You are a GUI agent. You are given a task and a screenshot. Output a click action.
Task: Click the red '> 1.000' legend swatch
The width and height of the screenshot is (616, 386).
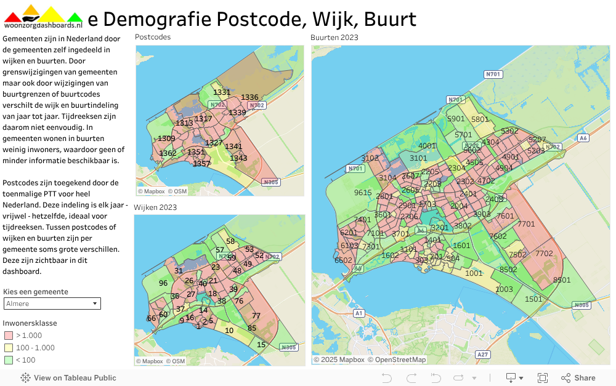tap(8, 336)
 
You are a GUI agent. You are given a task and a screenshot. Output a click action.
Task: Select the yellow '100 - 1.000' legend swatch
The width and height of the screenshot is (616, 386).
tap(8, 348)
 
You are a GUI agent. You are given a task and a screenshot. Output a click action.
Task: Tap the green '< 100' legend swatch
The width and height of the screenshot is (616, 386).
tap(8, 360)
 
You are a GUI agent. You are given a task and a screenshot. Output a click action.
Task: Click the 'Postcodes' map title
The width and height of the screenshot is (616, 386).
tap(152, 37)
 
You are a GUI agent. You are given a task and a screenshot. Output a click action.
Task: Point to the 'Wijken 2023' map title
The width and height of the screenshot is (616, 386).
tap(155, 207)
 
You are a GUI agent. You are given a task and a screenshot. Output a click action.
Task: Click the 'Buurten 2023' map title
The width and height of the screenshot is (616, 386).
tap(334, 37)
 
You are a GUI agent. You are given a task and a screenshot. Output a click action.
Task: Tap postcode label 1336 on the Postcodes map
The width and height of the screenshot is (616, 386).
tap(249, 97)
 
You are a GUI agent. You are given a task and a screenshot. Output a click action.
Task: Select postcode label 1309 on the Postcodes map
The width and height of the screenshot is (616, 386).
tap(166, 139)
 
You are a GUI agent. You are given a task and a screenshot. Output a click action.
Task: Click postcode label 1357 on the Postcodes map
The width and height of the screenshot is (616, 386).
tap(201, 164)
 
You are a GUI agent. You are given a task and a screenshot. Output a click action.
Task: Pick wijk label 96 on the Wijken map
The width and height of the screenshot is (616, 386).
tap(163, 283)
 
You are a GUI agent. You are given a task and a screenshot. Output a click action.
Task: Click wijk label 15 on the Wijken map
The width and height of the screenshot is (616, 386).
tap(261, 345)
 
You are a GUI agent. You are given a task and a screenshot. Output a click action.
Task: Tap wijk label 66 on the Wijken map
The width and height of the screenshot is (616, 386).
tap(151, 318)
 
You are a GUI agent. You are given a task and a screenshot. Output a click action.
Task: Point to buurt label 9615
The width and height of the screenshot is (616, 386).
tap(363, 193)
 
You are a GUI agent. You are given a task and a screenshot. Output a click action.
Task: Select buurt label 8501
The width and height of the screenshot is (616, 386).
tap(562, 279)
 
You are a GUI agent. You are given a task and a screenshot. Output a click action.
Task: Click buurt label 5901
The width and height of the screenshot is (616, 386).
tap(456, 119)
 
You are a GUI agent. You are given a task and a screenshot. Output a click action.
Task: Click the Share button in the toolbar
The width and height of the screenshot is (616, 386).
tap(578, 378)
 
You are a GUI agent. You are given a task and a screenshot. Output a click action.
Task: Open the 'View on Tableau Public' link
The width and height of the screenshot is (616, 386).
tap(68, 378)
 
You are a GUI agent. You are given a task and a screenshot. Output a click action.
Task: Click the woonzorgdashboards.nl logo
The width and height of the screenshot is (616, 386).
tap(43, 17)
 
